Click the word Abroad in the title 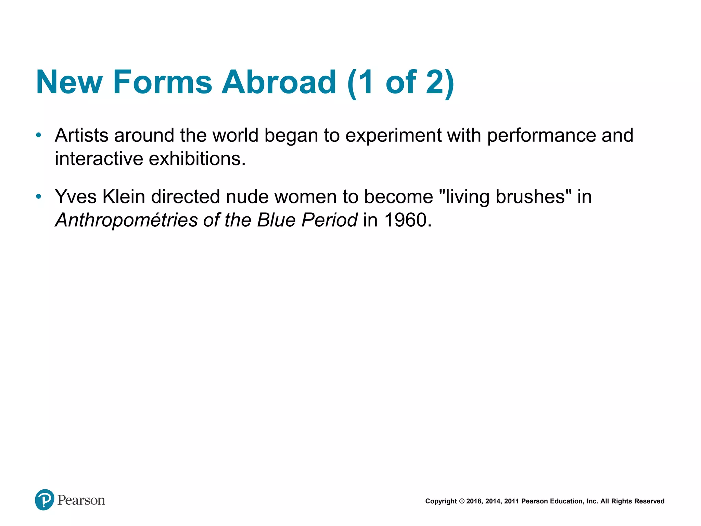pyautogui.click(x=279, y=82)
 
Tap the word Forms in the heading pyautogui.click(x=163, y=82)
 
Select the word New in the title pyautogui.click(x=69, y=82)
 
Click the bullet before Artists pyautogui.click(x=39, y=135)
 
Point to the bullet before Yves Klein pyautogui.click(x=39, y=197)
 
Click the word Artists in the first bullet pyautogui.click(x=81, y=135)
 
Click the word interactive pyautogui.click(x=99, y=159)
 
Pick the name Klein pyautogui.click(x=124, y=197)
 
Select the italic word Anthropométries pyautogui.click(x=126, y=220)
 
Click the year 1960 pyautogui.click(x=406, y=220)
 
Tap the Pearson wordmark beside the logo pyautogui.click(x=81, y=500)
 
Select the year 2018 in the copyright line pyautogui.click(x=474, y=501)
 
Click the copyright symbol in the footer pyautogui.click(x=462, y=501)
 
